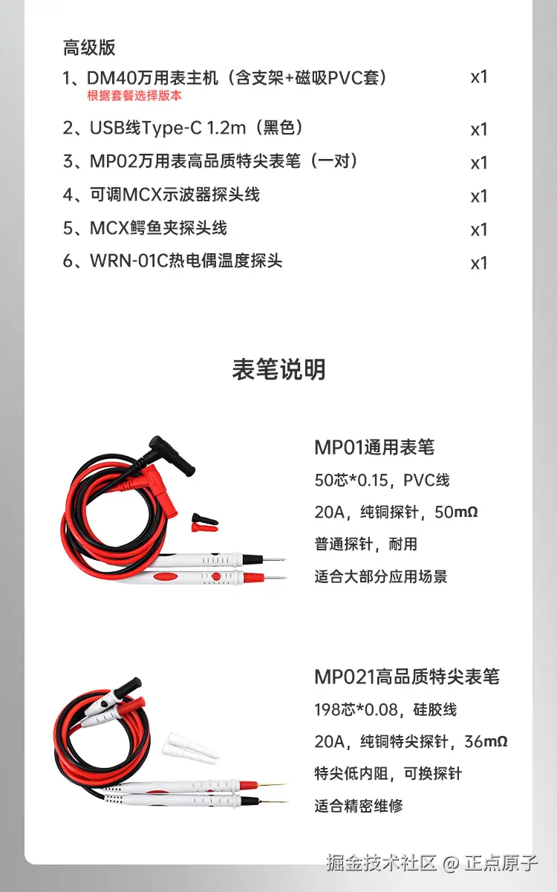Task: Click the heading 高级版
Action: click(x=89, y=48)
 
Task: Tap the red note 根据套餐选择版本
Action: click(x=134, y=96)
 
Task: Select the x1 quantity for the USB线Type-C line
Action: click(x=479, y=129)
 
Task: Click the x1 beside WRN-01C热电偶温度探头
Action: click(x=479, y=263)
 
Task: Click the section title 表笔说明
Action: click(x=278, y=369)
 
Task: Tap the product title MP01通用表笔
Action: click(x=374, y=447)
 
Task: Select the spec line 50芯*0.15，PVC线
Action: click(x=382, y=481)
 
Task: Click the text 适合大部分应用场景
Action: click(x=381, y=576)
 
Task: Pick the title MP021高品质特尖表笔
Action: click(x=407, y=677)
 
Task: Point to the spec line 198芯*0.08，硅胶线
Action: click(x=385, y=710)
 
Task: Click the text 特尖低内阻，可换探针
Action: click(x=388, y=773)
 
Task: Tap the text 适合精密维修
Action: click(x=359, y=805)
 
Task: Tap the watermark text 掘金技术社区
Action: click(x=381, y=864)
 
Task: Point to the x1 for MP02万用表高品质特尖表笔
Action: click(x=479, y=163)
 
